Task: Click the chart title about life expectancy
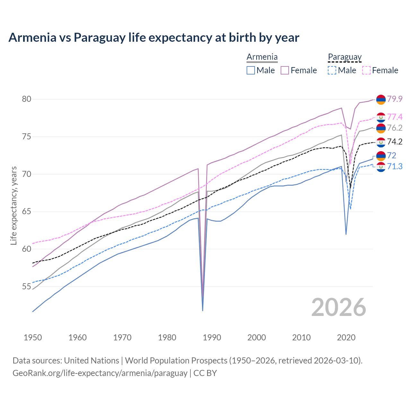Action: coord(154,38)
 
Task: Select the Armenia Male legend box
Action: coord(251,70)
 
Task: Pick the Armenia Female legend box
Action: coord(285,70)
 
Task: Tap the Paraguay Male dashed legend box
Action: coord(332,70)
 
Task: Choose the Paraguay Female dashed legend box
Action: coord(366,70)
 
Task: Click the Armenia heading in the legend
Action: coord(262,57)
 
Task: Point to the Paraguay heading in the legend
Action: coord(345,57)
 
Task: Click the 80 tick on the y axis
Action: coord(27,99)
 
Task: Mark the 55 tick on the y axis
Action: coord(27,287)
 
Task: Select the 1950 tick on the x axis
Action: coord(33,337)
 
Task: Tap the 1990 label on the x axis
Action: coord(212,337)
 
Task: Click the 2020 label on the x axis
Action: coord(346,337)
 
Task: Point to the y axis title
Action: coord(13,205)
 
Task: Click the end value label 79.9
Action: coord(395,99)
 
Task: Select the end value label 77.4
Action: coord(395,117)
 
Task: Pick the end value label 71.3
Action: coord(395,166)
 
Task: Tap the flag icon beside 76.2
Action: coord(381,128)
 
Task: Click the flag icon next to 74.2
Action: coord(381,142)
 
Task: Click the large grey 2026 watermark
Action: coord(339,307)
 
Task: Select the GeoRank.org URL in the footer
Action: coord(100,373)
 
